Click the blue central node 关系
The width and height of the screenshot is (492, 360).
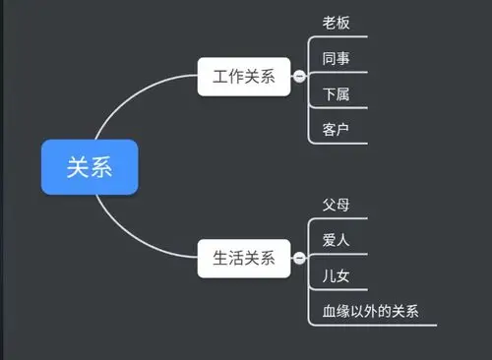[90, 166]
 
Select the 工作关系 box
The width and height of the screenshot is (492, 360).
[243, 76]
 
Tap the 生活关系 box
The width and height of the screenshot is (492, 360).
[243, 260]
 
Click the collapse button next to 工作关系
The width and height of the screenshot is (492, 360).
[299, 77]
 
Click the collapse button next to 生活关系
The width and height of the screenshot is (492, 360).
[299, 260]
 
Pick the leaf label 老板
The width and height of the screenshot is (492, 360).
[337, 23]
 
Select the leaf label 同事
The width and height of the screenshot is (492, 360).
[337, 58]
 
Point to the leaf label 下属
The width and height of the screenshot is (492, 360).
[337, 94]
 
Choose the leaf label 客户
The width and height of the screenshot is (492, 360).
[337, 130]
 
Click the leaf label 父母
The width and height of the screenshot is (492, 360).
[337, 206]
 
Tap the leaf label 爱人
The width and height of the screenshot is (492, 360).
[337, 241]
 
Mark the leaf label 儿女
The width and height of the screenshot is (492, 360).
[337, 276]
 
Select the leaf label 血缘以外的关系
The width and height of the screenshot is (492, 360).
[370, 312]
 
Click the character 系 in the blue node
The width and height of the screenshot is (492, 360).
[101, 166]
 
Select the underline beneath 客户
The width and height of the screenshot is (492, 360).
[339, 144]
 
